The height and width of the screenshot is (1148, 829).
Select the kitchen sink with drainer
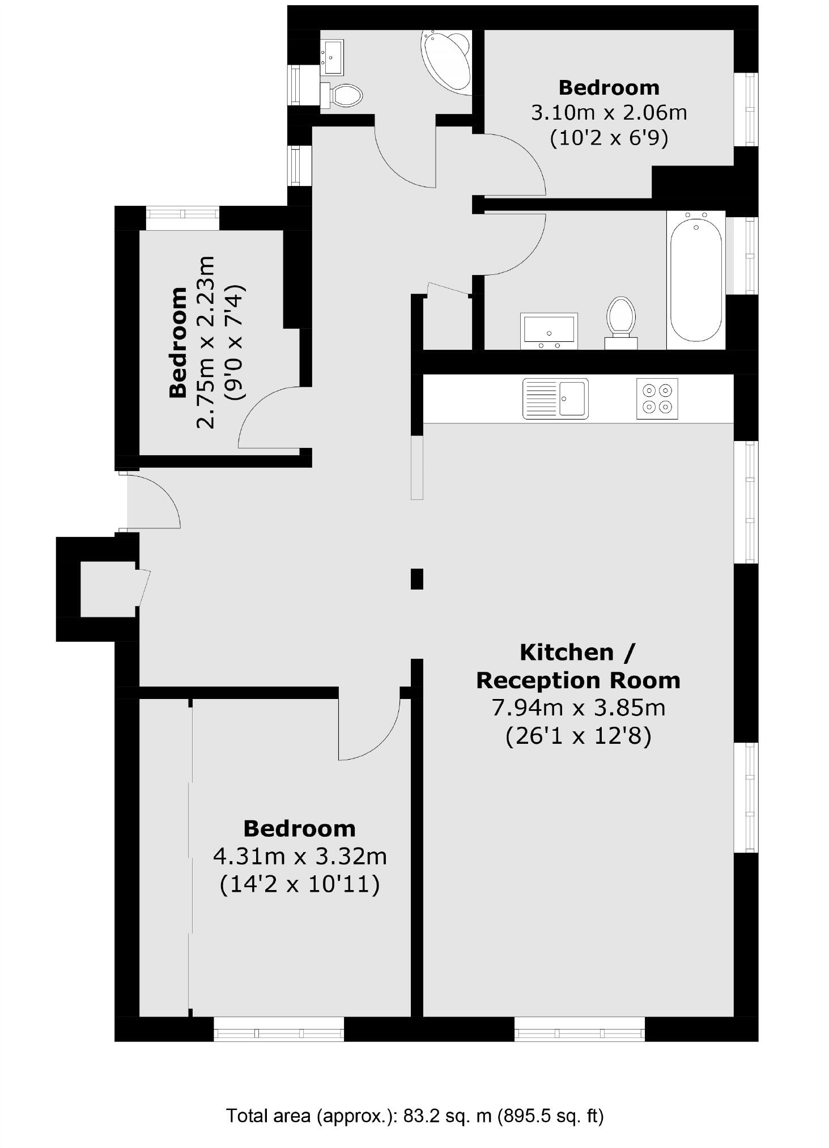555,399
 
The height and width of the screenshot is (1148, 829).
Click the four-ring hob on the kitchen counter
657,399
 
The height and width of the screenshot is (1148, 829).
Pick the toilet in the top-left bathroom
342,95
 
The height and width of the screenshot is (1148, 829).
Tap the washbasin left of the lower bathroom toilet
549,331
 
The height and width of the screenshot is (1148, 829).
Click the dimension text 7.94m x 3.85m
577,708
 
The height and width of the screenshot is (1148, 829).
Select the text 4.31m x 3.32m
300,856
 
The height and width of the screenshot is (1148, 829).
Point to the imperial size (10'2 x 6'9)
609,138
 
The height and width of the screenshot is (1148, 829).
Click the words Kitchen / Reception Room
577,666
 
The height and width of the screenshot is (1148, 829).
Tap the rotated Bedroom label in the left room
178,342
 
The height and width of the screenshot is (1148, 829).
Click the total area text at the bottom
415,1116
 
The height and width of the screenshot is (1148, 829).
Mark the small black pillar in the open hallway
416,579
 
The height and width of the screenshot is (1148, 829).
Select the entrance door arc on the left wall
153,502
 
